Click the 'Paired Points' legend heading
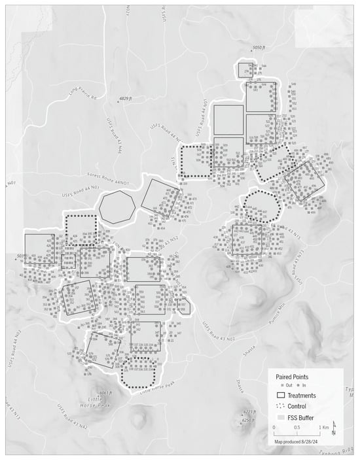(x=293, y=377)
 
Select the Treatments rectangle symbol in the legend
(x=281, y=396)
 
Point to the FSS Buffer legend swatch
(x=281, y=417)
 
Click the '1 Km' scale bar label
(x=323, y=427)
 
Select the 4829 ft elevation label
(x=125, y=99)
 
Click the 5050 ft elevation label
(x=261, y=48)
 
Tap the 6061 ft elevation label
(x=106, y=393)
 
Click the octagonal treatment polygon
(x=117, y=208)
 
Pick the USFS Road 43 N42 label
(x=72, y=418)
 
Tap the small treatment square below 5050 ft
(x=245, y=70)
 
